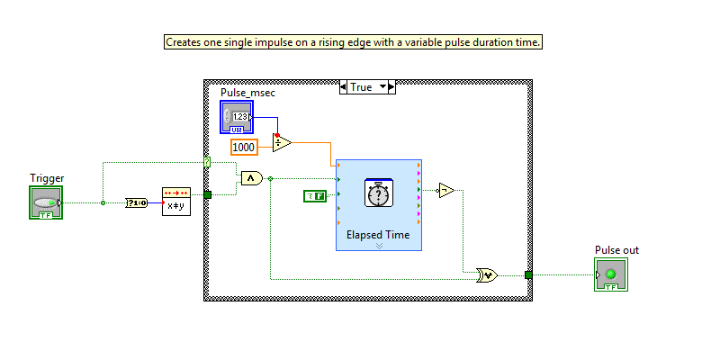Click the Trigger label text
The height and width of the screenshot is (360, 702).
tap(46, 178)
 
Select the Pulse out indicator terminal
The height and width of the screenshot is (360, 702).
tap(611, 274)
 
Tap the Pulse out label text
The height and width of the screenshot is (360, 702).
tap(616, 249)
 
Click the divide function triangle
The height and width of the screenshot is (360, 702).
tap(282, 141)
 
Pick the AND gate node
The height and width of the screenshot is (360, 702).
tap(252, 179)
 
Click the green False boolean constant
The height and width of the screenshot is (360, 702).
tap(313, 195)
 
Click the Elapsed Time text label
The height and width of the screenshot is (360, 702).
tap(378, 234)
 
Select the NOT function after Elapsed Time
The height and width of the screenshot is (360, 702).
tap(445, 189)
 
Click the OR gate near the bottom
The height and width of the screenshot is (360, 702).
tap(487, 275)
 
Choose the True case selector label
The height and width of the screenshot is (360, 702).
tap(360, 87)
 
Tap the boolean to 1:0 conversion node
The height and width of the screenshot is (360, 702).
tap(137, 203)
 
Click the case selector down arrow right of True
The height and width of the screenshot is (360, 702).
tap(383, 87)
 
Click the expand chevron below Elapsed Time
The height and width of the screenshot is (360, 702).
tap(378, 245)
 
